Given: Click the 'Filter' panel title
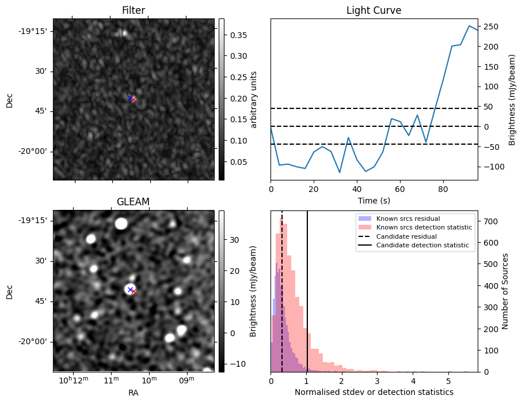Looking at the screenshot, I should click(134, 10).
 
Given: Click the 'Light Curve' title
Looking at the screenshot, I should click(374, 10).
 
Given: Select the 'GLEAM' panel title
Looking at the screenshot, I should click(134, 201).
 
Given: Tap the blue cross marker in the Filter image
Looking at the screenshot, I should click(130, 98).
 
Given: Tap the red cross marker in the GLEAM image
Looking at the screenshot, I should click(134, 292).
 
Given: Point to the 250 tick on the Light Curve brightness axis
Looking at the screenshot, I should click(490, 27).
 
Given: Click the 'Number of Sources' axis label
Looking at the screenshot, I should click(505, 291).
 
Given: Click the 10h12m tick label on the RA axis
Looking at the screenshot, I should click(74, 381).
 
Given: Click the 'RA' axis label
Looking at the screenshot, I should click(134, 393).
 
